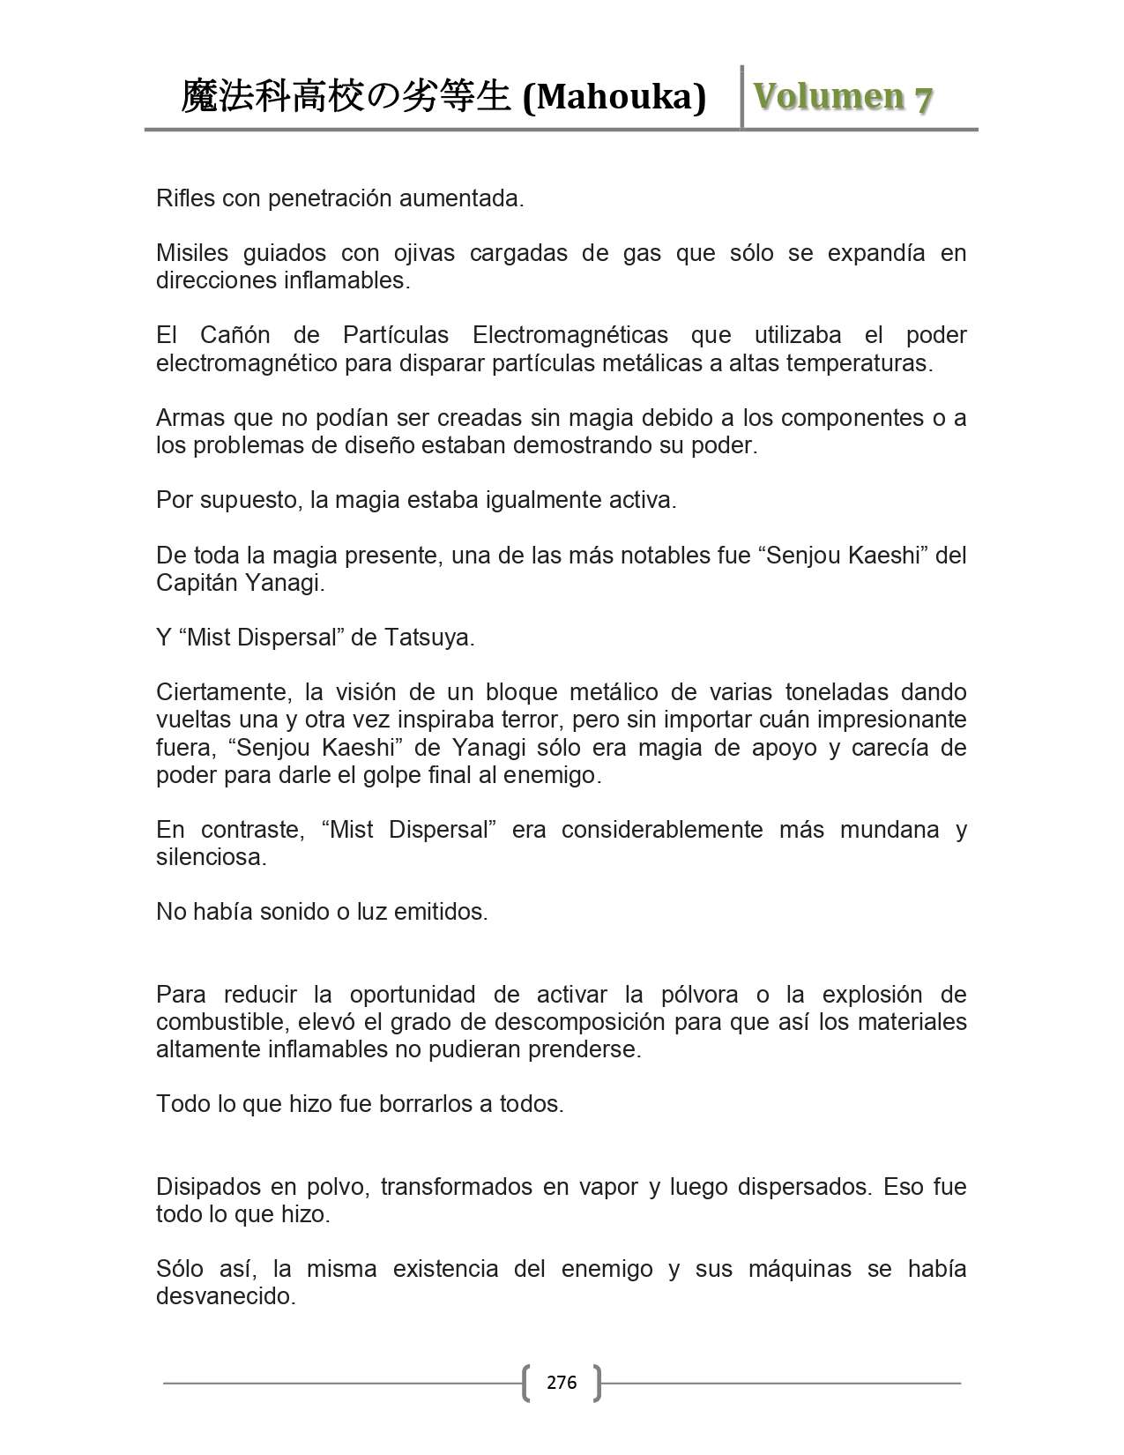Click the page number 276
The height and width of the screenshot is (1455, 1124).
coord(562,1382)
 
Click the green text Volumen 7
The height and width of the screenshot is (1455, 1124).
coord(843,97)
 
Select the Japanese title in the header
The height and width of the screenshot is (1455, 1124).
coord(346,97)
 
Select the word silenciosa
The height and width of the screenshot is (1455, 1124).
coord(211,856)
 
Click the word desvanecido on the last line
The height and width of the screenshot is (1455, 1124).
coord(225,1296)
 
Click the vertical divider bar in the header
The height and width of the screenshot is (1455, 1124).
coord(741,97)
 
